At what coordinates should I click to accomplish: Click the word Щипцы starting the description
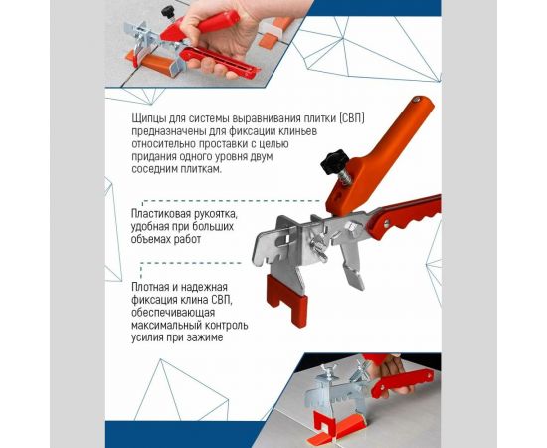coord(148,118)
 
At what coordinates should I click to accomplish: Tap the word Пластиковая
coord(164,213)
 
